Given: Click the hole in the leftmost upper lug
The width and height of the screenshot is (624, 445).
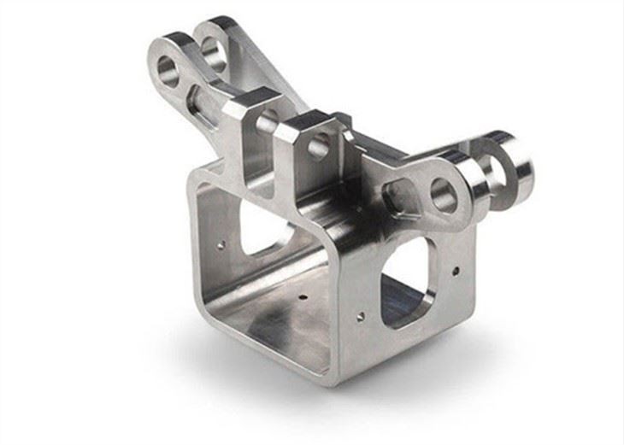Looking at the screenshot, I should (168, 69).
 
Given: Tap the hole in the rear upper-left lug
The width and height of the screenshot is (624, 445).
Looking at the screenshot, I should (213, 53).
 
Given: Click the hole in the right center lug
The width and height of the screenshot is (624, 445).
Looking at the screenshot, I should (319, 145).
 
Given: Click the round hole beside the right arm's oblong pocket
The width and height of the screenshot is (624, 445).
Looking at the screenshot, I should (443, 195).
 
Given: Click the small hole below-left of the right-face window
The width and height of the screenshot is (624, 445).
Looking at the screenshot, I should (360, 315).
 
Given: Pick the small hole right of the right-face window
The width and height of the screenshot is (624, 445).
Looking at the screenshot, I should (455, 272).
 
